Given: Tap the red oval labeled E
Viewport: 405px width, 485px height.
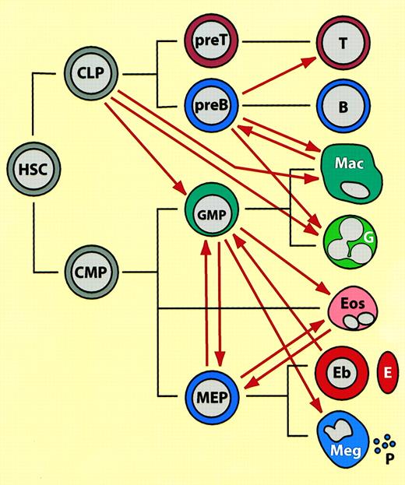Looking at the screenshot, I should (x=387, y=367).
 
